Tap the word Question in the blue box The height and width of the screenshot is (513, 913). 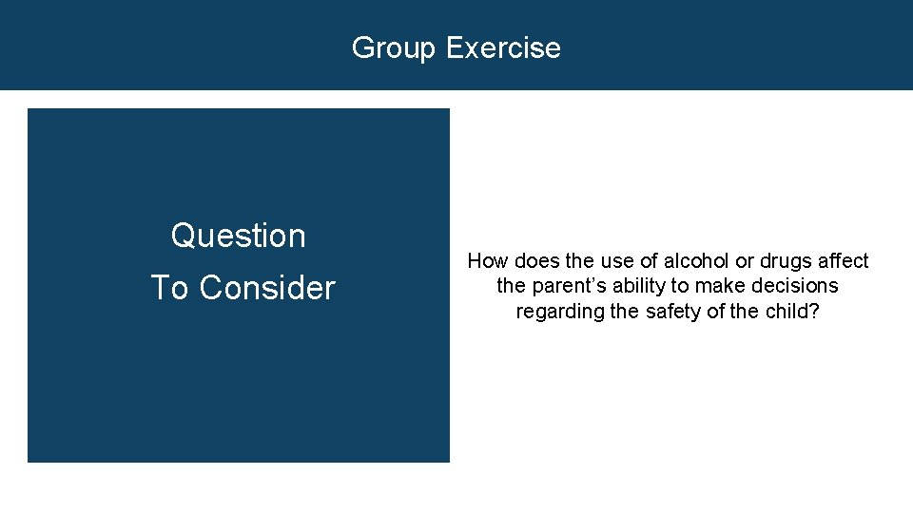239,236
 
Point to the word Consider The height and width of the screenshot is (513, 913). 267,288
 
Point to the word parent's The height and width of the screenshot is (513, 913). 567,286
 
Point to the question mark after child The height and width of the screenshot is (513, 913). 813,312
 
